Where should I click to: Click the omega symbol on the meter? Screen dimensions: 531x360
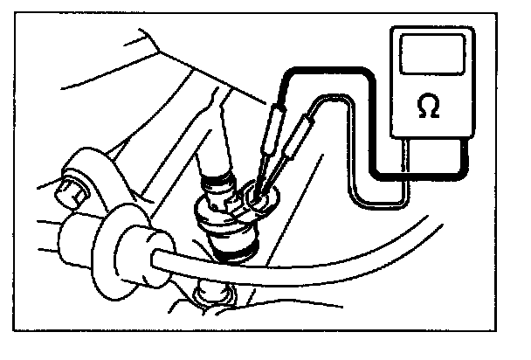click(x=429, y=106)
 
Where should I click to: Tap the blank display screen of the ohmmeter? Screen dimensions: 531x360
click(x=432, y=54)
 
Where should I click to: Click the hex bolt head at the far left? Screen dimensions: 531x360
click(x=72, y=191)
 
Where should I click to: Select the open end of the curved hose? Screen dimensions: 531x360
click(x=155, y=260)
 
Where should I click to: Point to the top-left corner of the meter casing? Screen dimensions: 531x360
click(x=391, y=27)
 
